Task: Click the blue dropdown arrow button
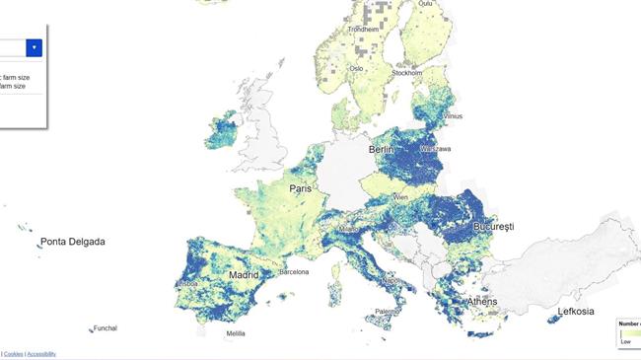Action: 35,47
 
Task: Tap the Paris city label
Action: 301,187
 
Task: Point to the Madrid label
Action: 244,275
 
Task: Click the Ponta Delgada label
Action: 72,242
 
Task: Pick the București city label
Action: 492,227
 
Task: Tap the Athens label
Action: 481,302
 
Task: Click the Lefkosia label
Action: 576,312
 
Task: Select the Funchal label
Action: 105,328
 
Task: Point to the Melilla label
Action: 235,333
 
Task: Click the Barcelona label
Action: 294,271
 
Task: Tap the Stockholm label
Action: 407,73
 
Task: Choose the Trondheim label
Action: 363,29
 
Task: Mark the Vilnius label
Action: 452,115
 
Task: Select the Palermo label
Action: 388,311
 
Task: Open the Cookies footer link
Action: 14,353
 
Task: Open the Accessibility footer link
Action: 41,353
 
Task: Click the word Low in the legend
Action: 625,341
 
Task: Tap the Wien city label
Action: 400,197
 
